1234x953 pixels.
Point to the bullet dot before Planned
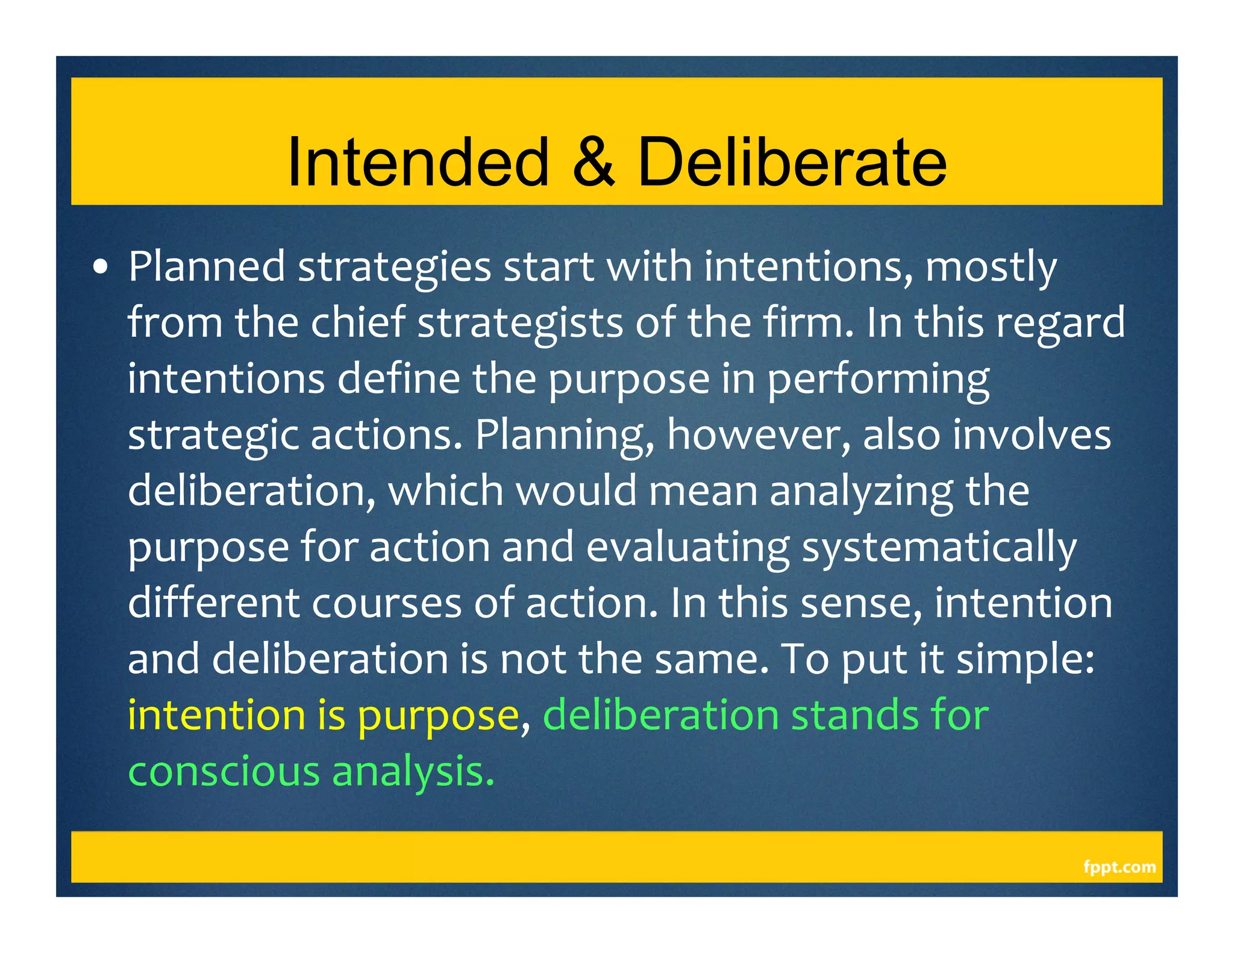[x=101, y=267]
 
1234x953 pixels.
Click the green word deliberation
[x=661, y=715]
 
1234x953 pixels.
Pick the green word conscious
[x=224, y=772]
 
